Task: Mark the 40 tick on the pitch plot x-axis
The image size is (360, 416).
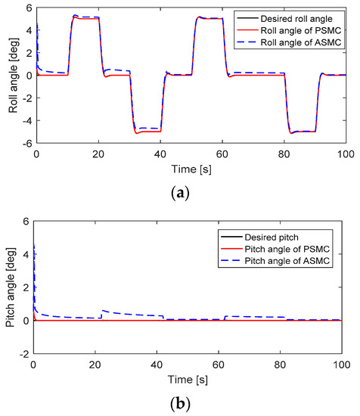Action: point(157,365)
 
